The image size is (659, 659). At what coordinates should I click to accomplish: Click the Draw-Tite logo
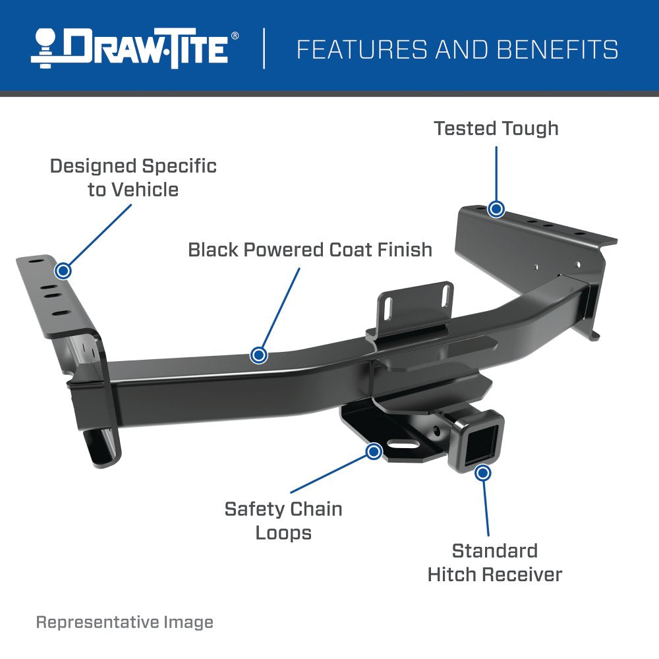pos(130,48)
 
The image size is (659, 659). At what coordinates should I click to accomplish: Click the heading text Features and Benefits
pos(457,49)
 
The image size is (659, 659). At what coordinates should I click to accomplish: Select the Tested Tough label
pos(496,128)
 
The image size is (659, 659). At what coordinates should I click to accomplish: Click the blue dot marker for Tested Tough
pos(496,209)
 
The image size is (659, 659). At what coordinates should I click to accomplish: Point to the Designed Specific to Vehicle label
pos(133,177)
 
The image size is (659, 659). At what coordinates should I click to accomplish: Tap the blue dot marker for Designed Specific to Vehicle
pos(63,270)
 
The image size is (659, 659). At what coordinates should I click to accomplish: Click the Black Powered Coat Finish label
pos(310,250)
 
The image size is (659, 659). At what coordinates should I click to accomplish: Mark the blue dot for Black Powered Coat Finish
pos(259,355)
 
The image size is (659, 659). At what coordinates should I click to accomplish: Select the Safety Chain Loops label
pos(283,520)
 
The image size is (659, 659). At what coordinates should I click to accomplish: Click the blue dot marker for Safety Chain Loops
pos(374,451)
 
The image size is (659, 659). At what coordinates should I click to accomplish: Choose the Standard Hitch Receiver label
pos(494,562)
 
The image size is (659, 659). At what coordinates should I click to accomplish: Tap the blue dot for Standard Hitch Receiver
pos(483,473)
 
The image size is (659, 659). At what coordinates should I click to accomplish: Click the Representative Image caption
pos(125,622)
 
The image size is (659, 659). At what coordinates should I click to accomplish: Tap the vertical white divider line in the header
pos(264,48)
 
